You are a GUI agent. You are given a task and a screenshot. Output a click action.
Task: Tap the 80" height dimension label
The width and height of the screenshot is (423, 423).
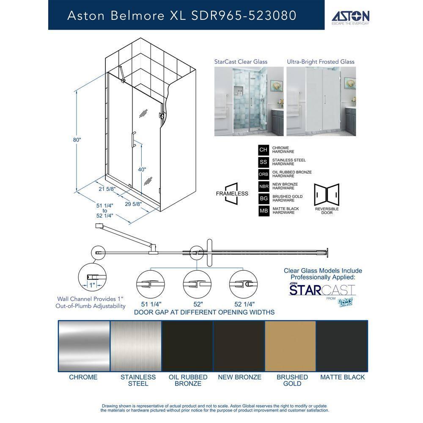tap(77, 140)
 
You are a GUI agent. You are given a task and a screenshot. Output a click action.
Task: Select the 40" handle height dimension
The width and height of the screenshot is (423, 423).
tap(142, 169)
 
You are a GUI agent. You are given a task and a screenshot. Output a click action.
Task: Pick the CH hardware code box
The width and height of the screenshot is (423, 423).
tap(264, 150)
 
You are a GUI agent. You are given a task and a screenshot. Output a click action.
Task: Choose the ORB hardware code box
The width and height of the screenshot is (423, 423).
tap(264, 174)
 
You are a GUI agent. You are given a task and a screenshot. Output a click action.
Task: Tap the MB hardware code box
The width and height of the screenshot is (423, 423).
tap(264, 211)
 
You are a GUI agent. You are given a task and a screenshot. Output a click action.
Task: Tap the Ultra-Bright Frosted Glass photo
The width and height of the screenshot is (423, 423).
tap(321, 102)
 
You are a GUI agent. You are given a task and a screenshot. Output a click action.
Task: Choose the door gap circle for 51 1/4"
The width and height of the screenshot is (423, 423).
tap(151, 285)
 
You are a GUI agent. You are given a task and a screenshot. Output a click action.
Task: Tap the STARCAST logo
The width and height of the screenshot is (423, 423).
tap(321, 290)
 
